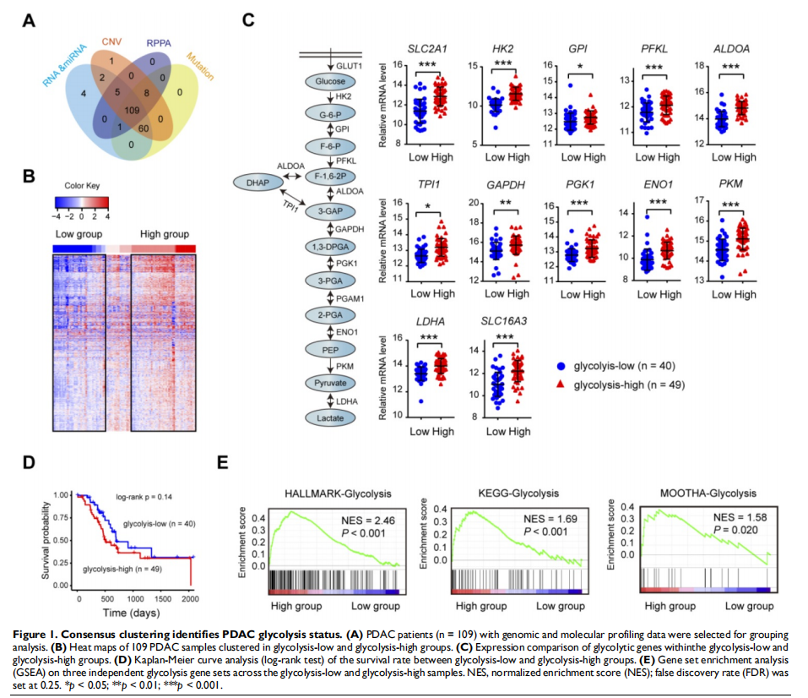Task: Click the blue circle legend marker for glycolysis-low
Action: point(561,368)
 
